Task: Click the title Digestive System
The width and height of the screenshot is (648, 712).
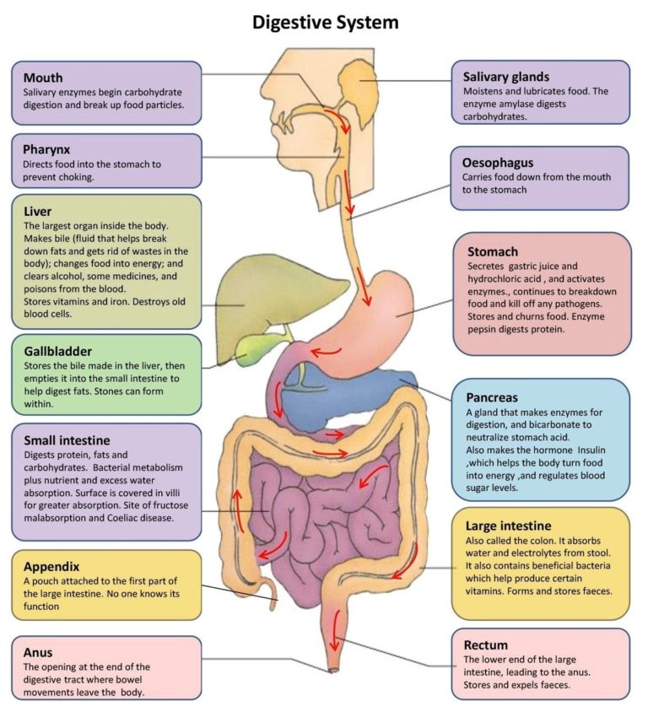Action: click(325, 22)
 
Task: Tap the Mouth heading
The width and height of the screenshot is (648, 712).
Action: click(42, 78)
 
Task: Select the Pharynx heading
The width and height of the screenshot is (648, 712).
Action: click(48, 149)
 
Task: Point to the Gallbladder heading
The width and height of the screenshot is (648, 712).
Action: click(58, 351)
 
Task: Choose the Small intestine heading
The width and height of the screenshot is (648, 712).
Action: click(67, 440)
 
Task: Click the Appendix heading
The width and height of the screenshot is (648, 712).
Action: click(51, 567)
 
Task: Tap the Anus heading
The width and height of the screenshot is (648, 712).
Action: click(38, 652)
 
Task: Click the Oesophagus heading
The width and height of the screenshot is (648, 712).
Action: click(498, 163)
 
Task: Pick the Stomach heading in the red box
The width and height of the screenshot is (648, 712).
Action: click(493, 251)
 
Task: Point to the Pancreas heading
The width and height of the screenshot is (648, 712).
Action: click(492, 396)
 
